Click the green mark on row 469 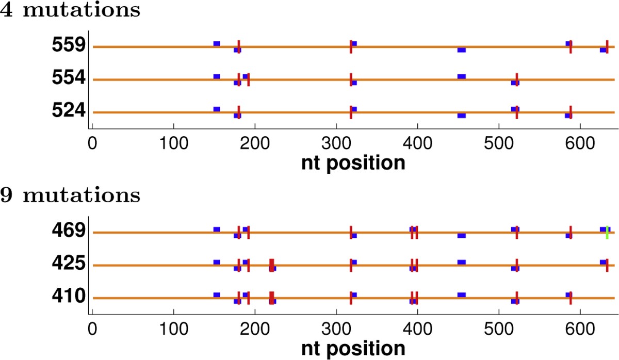(607, 233)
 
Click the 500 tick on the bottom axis (499, 327)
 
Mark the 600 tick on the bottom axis (580, 327)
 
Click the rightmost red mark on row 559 (607, 46)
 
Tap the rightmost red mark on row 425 (607, 265)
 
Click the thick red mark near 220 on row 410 (271, 298)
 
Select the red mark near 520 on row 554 (516, 79)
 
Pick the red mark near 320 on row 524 (351, 112)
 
